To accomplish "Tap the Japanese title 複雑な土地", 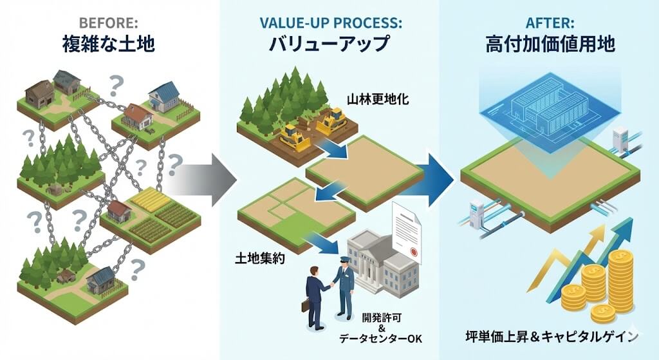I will coord(110,44).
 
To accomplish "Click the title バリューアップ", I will coord(330,44).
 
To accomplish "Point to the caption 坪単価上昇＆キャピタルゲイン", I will coord(553,336).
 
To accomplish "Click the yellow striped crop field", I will coord(151,200).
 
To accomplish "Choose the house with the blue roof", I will coord(164,96).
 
